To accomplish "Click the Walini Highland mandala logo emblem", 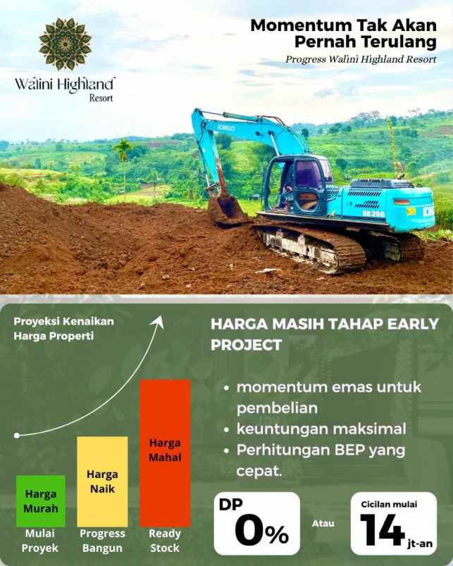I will pos(65,44).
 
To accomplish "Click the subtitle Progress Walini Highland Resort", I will pos(361,59).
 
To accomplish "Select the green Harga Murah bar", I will pos(41,501).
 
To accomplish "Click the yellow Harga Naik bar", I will pos(102,481).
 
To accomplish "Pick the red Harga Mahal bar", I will pos(165,452).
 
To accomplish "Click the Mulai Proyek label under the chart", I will pos(40,541).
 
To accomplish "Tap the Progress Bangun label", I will pos(102,541).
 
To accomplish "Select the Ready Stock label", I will pos(164,541).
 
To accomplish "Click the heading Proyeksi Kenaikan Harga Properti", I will pos(63,328).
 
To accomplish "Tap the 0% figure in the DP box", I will pos(261,531).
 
